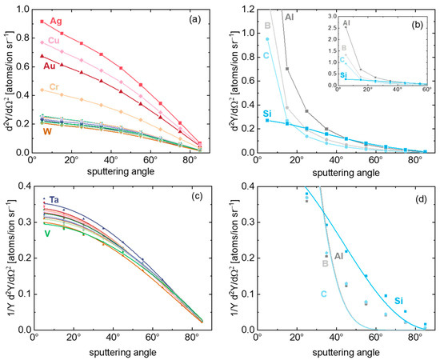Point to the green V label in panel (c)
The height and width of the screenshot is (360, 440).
pos(48,234)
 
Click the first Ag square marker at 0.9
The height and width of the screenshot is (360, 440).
pos(42,22)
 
